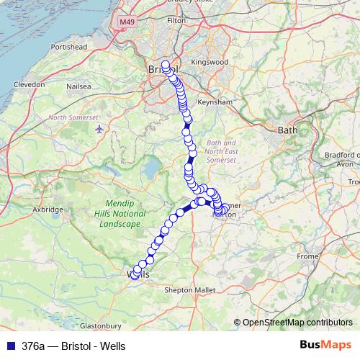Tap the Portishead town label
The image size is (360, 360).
pyautogui.click(x=68, y=47)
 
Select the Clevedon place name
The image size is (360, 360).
pyautogui.click(x=29, y=84)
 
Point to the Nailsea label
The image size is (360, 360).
pyautogui.click(x=78, y=86)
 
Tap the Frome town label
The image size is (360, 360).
pyautogui.click(x=307, y=256)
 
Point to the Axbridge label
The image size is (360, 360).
pyautogui.click(x=48, y=210)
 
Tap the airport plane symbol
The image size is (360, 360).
pyautogui.click(x=99, y=129)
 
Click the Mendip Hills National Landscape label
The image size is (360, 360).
pyautogui.click(x=121, y=214)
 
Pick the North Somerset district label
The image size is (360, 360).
pyautogui.click(x=73, y=117)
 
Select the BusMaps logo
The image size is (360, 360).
pyautogui.click(x=326, y=345)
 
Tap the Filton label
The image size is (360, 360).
pyautogui.click(x=176, y=22)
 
